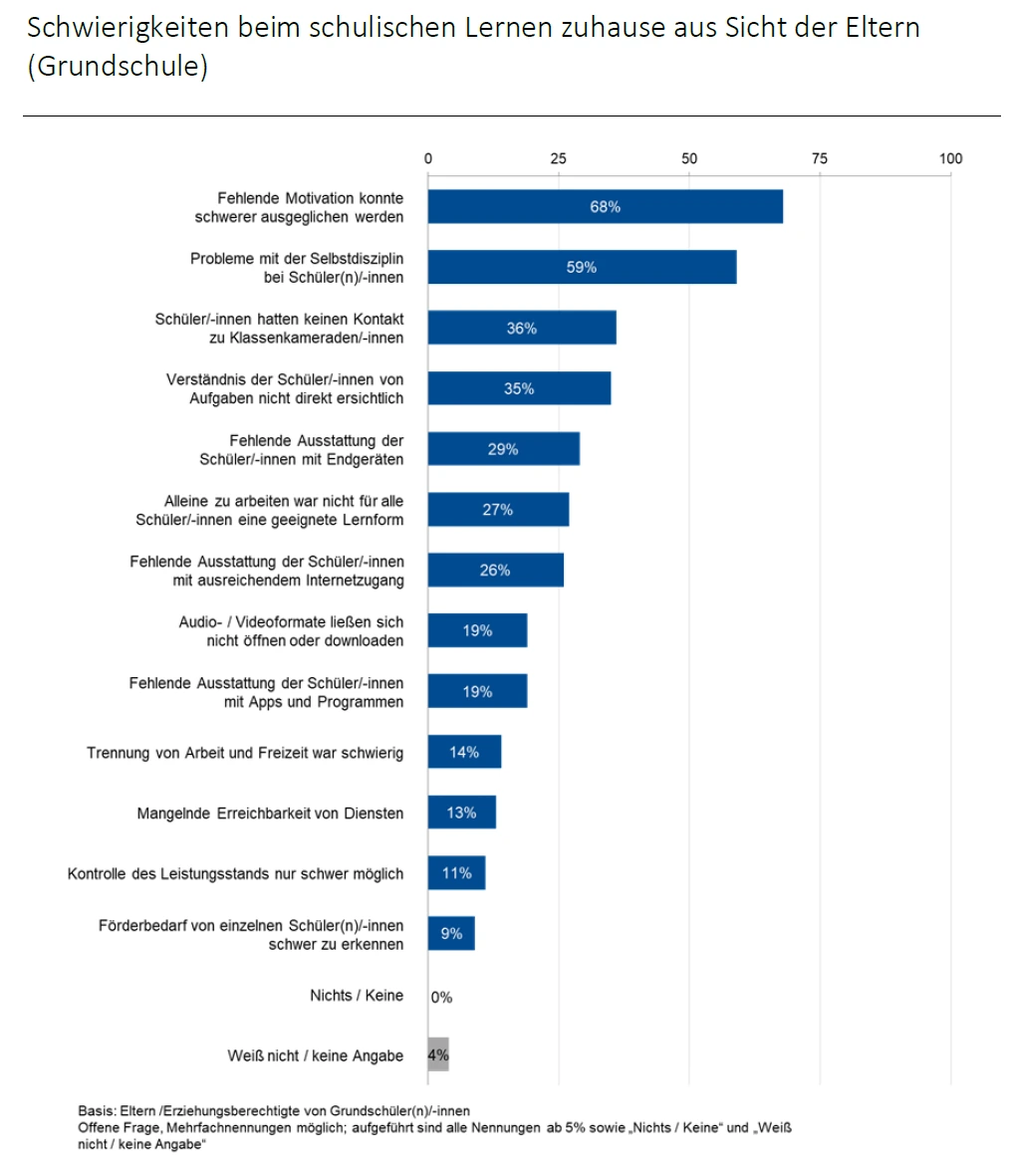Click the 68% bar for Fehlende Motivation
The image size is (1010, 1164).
[605, 207]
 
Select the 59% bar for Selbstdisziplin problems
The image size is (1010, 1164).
[582, 267]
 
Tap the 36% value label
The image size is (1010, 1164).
[521, 328]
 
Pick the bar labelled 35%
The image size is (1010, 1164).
[519, 388]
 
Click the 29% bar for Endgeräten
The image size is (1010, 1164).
[503, 449]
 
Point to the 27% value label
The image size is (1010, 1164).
[498, 510]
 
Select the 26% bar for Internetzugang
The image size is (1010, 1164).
[495, 571]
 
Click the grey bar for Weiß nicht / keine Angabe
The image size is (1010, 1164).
[438, 1055]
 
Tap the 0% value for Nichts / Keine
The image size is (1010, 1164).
[441, 997]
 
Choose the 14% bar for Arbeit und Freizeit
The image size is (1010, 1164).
[464, 752]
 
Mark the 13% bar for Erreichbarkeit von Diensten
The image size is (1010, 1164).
[461, 813]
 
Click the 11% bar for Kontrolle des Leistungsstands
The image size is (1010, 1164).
[456, 873]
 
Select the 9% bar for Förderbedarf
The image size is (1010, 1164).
[451, 934]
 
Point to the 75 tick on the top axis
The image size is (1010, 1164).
[820, 158]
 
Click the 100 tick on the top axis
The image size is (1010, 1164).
[950, 158]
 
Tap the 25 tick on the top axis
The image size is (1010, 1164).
[559, 158]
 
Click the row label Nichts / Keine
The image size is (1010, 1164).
[358, 996]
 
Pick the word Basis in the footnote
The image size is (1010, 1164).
[95, 1110]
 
